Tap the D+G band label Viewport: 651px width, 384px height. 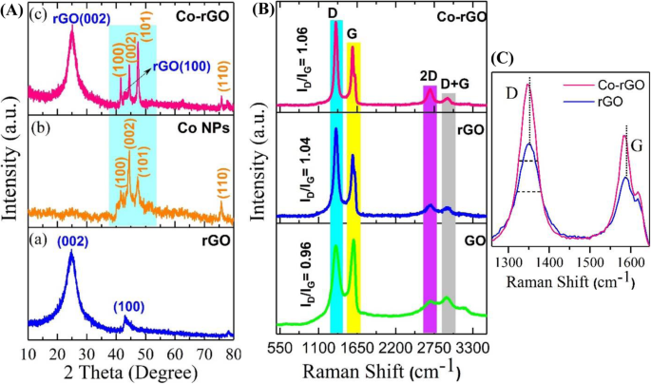(x=455, y=85)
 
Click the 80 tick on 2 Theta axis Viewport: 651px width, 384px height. (x=229, y=346)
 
